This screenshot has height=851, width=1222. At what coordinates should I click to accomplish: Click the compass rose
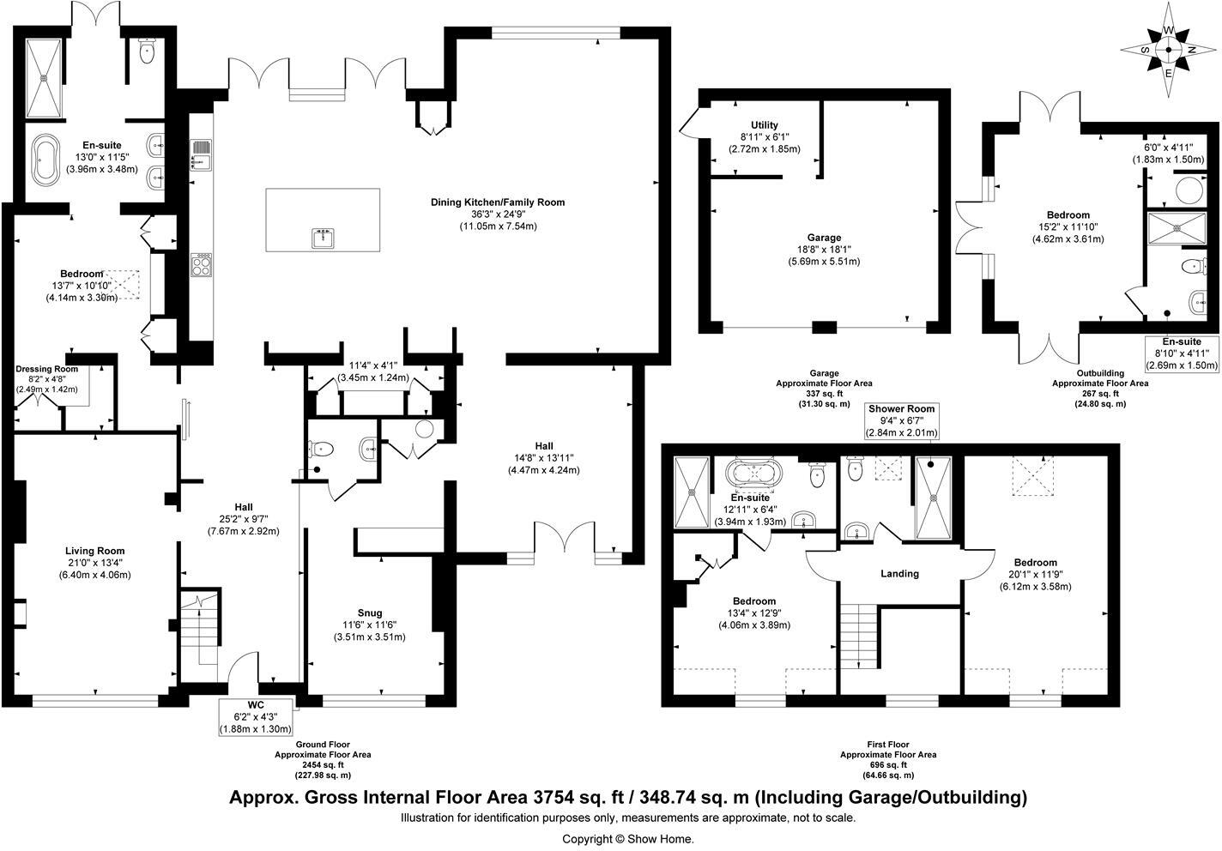(x=1168, y=50)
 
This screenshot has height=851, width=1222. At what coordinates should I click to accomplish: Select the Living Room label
(x=94, y=551)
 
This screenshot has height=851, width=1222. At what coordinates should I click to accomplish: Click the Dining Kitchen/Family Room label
(x=498, y=202)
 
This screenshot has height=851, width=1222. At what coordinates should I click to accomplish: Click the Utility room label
(x=764, y=125)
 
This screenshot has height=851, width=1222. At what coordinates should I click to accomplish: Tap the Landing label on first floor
(x=899, y=573)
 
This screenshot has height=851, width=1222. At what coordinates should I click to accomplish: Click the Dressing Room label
(x=47, y=369)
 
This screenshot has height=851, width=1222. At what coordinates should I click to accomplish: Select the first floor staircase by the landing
(x=859, y=635)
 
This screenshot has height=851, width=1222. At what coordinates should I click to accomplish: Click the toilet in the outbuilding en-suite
(x=1193, y=267)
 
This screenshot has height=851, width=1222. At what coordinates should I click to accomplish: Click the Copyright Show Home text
(x=627, y=838)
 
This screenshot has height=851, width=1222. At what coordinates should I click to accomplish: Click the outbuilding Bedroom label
(x=1068, y=215)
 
